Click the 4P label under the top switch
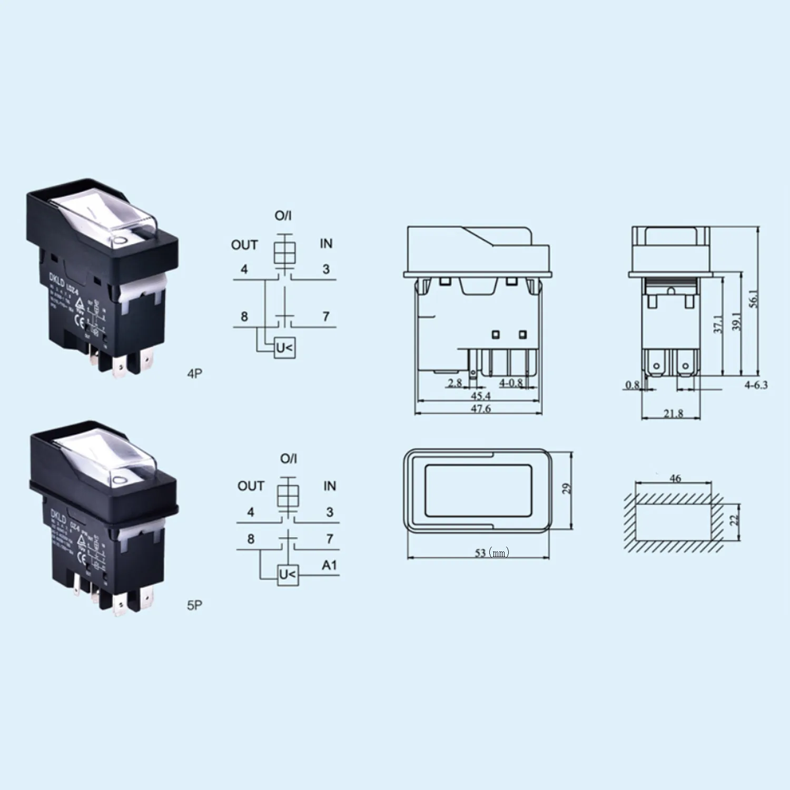194,374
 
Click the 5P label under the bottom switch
194,605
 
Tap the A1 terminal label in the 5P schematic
329,565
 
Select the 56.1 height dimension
754,299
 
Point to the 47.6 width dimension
480,408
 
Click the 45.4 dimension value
480,396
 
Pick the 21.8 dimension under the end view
673,413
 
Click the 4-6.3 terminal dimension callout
756,385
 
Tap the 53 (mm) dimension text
492,552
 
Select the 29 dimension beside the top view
566,488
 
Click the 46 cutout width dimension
675,478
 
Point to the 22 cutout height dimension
734,519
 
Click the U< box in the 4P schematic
284,348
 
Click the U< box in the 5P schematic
288,574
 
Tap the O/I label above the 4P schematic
283,215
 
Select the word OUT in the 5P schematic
251,486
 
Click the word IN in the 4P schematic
326,243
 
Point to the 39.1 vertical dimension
736,321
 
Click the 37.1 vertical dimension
718,324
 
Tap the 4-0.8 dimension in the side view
511,382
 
